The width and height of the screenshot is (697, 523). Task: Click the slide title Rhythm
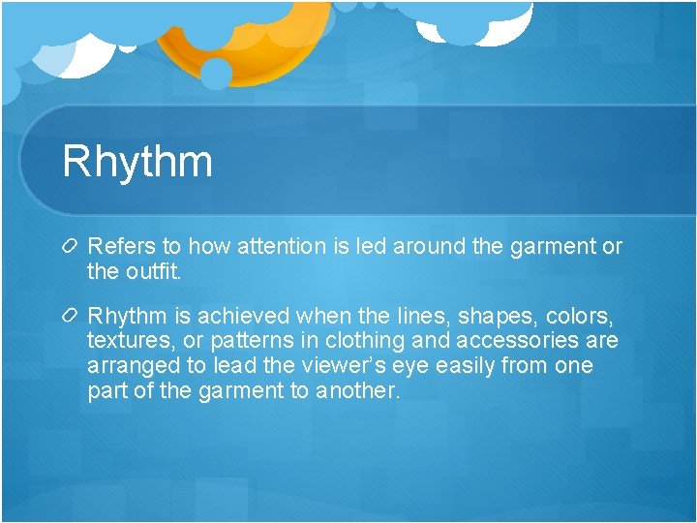click(x=136, y=160)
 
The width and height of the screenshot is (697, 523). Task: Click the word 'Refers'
click(x=119, y=247)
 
